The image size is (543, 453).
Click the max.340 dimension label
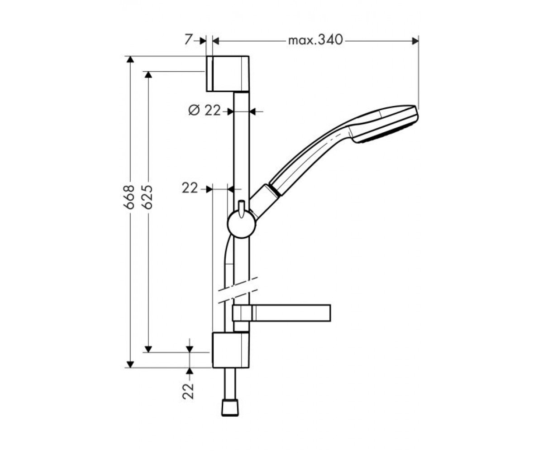point(315,40)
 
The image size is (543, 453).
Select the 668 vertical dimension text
point(129,197)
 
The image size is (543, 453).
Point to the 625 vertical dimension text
point(148,197)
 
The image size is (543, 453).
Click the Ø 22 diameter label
point(205,111)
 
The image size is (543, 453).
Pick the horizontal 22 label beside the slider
point(190,188)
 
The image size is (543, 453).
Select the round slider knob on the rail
point(242,224)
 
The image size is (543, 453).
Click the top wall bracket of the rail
point(228,74)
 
